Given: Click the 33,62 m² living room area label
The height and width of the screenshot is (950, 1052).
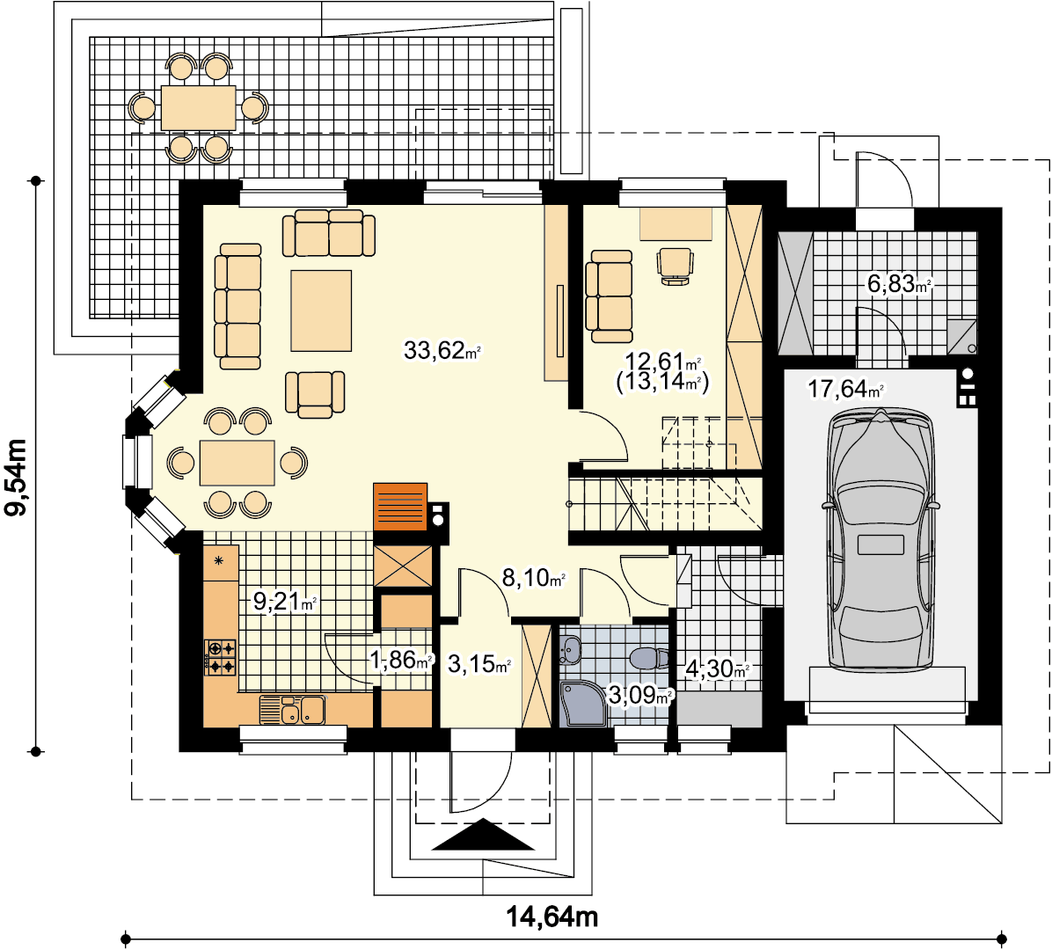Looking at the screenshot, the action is click(442, 350).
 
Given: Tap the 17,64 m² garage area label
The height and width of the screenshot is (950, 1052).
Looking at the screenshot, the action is click(845, 389).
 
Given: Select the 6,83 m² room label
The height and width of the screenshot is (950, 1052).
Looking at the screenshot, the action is click(900, 284).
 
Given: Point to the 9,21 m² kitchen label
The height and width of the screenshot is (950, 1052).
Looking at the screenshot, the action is click(284, 601).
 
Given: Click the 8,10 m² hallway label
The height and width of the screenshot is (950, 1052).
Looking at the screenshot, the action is click(534, 577).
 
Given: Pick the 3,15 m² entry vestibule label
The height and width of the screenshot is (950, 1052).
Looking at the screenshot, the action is click(479, 664).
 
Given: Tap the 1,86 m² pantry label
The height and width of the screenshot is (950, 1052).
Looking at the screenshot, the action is click(401, 660).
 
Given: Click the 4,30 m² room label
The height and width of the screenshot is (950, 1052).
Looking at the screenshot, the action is click(717, 669).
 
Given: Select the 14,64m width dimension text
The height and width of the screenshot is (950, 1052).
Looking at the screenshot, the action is click(552, 916).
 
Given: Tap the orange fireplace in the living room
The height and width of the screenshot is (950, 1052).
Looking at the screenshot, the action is click(400, 507).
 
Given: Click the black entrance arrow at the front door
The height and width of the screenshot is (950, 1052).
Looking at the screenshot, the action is click(483, 835).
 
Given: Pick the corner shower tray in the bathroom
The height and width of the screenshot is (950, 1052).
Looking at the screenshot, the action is click(584, 704).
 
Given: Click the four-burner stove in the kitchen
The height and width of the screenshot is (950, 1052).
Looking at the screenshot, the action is click(221, 657).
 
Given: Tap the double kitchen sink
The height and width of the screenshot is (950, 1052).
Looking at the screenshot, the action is click(293, 710).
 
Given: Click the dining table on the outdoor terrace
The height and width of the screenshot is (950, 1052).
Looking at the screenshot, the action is click(199, 108).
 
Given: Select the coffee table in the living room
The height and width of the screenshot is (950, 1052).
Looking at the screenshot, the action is click(321, 311).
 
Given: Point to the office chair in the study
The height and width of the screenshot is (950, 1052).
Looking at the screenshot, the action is click(675, 267).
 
